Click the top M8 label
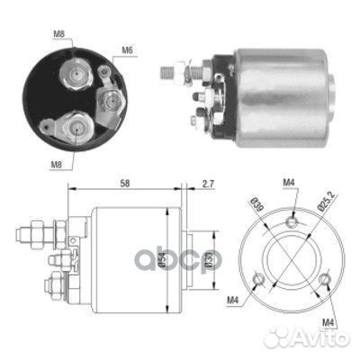point(58,34)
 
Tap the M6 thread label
point(127,51)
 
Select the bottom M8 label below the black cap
point(56,165)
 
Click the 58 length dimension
point(124,184)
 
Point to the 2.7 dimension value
point(208,184)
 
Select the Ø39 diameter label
point(254,204)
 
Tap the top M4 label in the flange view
point(290,182)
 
